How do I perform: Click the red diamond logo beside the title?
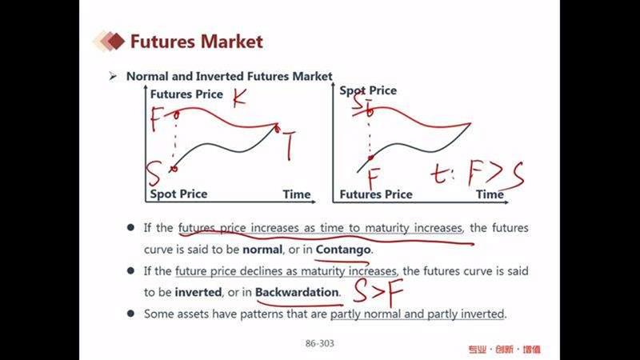coord(109,42)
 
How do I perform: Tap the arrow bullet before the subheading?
coord(113,76)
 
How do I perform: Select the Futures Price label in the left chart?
coord(186,94)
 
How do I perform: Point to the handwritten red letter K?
coord(239,98)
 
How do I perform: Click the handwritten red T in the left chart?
coord(288,145)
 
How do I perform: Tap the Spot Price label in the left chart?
coord(178,194)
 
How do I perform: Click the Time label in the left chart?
coord(297,194)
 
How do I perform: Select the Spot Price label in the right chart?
coord(368,90)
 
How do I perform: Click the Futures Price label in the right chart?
coord(376,194)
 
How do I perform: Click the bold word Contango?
coord(343,250)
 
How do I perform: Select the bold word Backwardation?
coord(297,292)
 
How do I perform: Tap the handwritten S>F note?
coord(378,291)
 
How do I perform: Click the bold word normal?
coord(262,250)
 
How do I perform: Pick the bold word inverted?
coord(198,292)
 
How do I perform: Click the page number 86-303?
coord(319,344)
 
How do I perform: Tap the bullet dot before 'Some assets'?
coord(130,314)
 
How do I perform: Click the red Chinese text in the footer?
coord(504,350)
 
